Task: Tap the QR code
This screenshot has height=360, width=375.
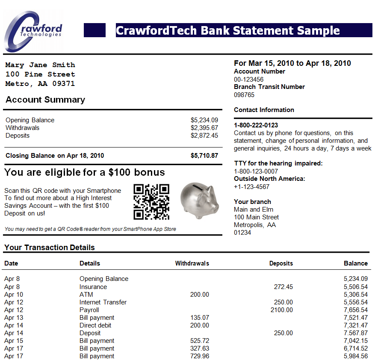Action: pos(151,202)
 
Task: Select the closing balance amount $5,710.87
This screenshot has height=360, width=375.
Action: pos(204,156)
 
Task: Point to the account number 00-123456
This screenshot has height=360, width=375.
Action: pos(248,80)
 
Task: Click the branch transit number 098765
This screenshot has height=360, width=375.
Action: pos(244,95)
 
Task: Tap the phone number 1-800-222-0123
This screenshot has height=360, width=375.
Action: pos(256,125)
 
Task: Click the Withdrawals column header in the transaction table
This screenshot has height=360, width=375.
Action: pos(192,263)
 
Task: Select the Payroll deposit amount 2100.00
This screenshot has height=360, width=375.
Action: pos(282,310)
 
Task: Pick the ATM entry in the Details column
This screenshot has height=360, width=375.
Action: pos(86,295)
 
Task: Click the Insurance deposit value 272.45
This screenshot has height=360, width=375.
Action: pos(283,287)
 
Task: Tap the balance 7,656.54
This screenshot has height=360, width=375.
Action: pos(355,310)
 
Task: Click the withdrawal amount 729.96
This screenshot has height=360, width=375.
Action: pos(200,356)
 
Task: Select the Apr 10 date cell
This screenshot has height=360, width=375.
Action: pos(14,295)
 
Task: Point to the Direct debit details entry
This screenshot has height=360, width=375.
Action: pos(95,325)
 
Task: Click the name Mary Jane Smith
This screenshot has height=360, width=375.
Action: pos(40,65)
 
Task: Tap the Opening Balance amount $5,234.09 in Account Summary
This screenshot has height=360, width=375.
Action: pos(204,120)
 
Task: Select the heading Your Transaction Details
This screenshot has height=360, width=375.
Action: pos(49,248)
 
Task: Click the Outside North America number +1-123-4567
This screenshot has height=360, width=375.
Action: pos(251,186)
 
